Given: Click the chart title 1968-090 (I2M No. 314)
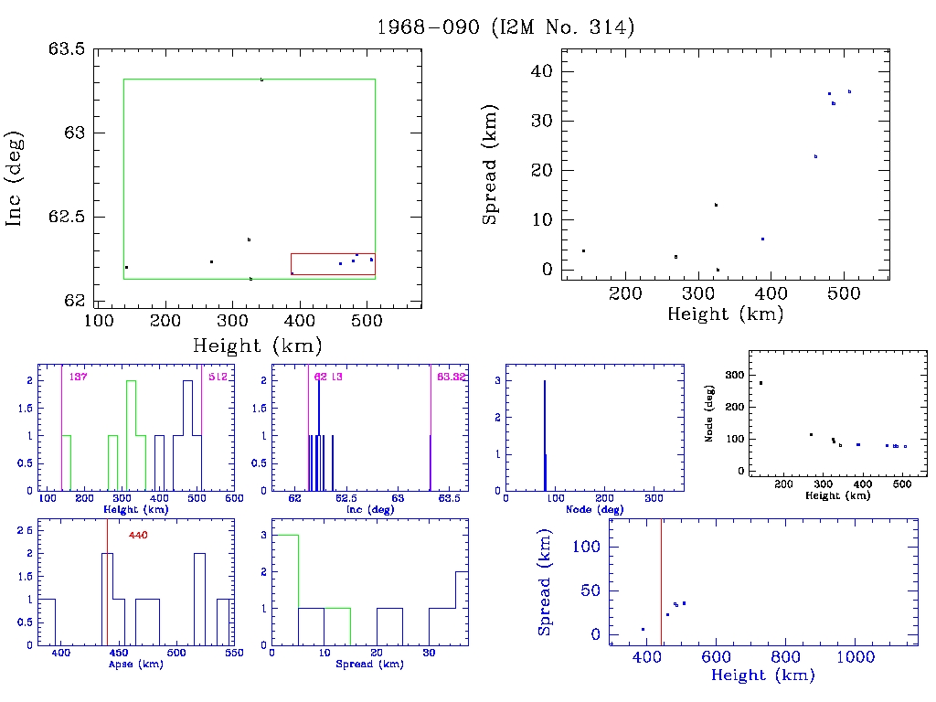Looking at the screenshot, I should (505, 27).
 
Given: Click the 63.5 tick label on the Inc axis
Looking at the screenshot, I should (67, 49).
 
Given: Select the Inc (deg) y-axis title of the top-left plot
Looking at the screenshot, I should (16, 178).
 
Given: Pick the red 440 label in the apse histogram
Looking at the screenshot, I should (139, 535).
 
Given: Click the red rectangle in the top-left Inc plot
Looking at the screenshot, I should (333, 264).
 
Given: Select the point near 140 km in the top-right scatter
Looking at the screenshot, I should (583, 250).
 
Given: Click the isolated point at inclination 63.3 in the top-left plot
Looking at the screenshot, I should (261, 80).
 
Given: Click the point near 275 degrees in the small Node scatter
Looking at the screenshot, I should (760, 383).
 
